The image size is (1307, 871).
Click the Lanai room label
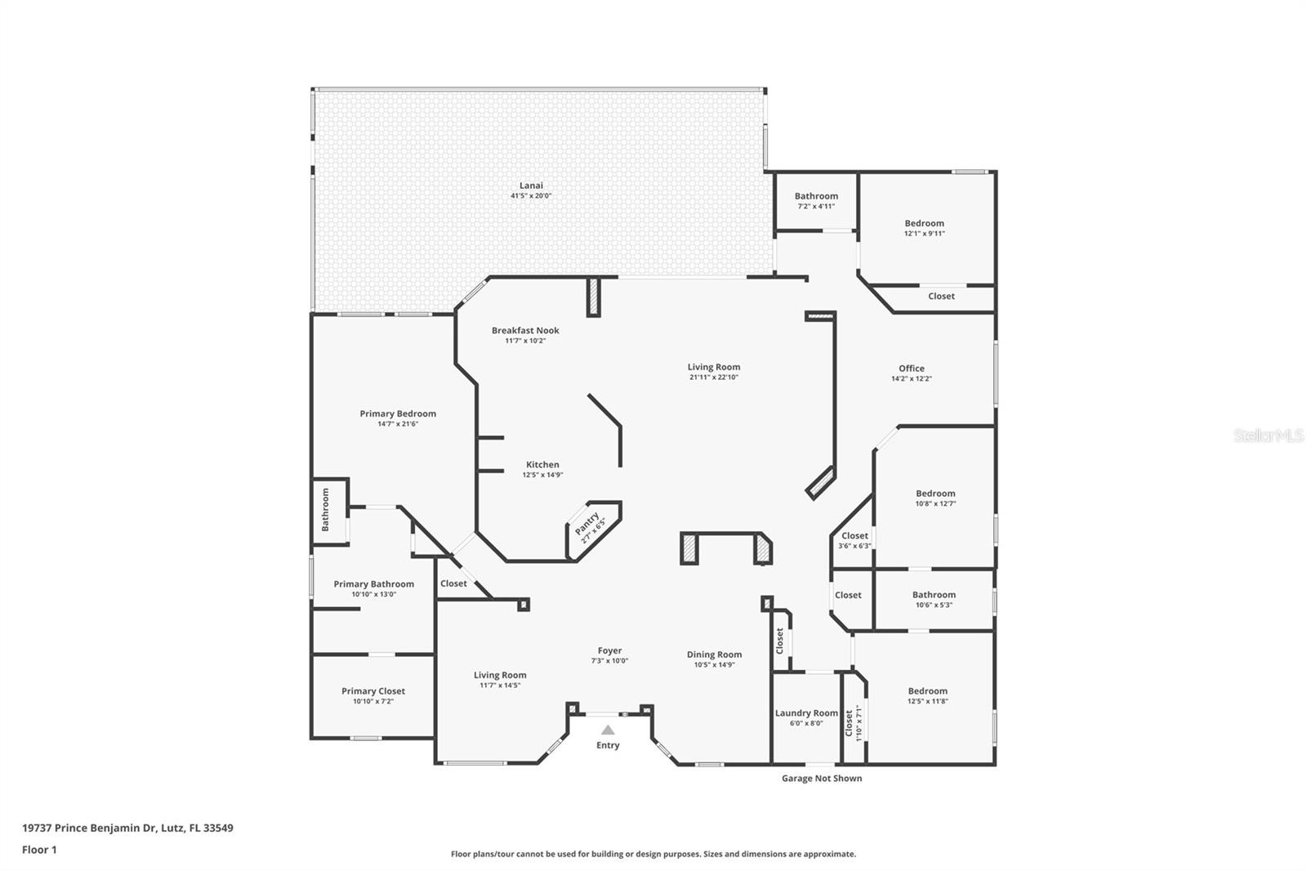point(531,185)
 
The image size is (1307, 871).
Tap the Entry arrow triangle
point(608,730)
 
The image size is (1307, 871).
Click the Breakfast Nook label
point(525,330)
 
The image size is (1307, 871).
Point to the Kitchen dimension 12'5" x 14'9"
point(542,475)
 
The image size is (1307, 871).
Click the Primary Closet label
point(373,691)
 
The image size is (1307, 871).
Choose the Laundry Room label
point(806,713)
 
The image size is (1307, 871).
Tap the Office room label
point(912,368)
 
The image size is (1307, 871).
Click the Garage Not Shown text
point(822,778)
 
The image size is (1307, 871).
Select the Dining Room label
point(714,654)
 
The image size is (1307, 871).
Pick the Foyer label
point(609,651)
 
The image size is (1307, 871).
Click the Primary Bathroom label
point(373,584)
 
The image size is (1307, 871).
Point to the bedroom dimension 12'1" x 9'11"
point(924,234)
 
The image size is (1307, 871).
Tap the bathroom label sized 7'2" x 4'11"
point(816,196)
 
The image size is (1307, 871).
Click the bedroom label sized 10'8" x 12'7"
point(935,494)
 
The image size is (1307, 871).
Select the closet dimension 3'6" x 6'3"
point(854,546)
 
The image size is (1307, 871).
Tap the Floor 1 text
point(39,850)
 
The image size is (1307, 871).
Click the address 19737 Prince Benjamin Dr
point(127,828)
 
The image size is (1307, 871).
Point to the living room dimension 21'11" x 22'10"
point(713,377)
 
